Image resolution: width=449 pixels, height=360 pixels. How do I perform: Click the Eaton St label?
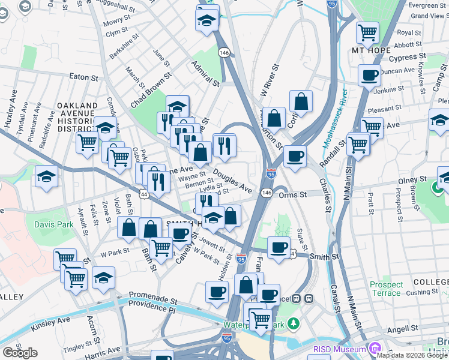pos(83,77)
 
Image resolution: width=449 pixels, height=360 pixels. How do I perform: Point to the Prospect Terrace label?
pos(386,289)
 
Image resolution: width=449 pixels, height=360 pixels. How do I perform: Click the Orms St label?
pos(293,194)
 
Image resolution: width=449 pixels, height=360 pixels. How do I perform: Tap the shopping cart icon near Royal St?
pos(367,31)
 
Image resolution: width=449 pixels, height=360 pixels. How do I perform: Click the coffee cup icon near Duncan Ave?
pos(369,75)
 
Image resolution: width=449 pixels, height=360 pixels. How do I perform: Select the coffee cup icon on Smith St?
pos(277,247)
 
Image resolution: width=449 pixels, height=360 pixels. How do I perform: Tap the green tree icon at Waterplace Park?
pos(294,324)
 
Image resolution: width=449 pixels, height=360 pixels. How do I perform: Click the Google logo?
pos(20,353)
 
